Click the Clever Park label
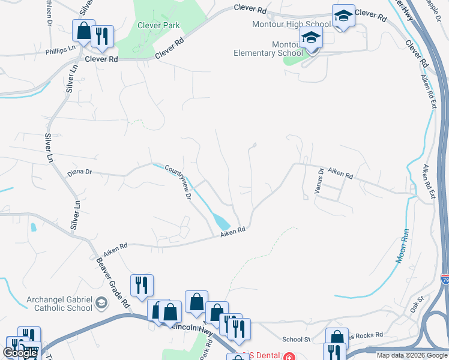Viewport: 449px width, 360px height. [158, 26]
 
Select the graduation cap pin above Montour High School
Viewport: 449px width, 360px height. [343, 16]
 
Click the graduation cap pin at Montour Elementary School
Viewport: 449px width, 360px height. [312, 39]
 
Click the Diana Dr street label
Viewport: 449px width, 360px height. [80, 172]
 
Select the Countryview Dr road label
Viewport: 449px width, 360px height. [178, 181]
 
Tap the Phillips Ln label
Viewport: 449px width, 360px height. [61, 51]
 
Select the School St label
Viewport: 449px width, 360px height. [296, 339]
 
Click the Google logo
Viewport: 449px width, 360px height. [20, 353]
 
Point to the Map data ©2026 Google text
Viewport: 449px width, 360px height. [411, 356]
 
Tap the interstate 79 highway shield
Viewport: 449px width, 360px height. [444, 280]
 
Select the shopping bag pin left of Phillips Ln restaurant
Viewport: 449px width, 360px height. [83, 31]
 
